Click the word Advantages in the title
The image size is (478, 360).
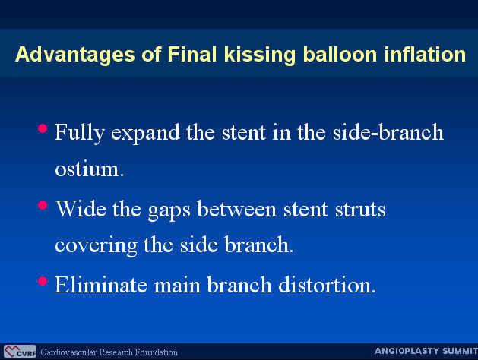click(x=75, y=55)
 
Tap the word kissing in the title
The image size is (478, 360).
click(x=260, y=55)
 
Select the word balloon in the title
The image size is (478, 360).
click(x=340, y=54)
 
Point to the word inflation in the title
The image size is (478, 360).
click(x=425, y=54)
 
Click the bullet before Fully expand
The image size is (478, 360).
click(x=43, y=128)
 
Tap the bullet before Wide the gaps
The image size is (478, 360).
click(x=43, y=205)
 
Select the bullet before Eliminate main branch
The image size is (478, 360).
click(x=43, y=280)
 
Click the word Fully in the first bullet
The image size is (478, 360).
click(x=80, y=133)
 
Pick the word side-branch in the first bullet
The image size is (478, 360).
click(x=388, y=132)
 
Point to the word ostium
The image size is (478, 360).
click(x=90, y=169)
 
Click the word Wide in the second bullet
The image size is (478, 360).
click(x=81, y=209)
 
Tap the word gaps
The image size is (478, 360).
click(x=169, y=210)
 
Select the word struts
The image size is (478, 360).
click(x=360, y=210)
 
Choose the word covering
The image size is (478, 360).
click(x=96, y=246)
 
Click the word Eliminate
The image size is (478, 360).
click(x=100, y=285)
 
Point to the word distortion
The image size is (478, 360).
click(x=327, y=285)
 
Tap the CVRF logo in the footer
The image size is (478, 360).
click(x=20, y=352)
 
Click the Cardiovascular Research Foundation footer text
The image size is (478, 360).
click(x=109, y=352)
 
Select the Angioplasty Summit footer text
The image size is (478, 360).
click(x=426, y=351)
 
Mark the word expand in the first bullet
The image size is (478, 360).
click(x=145, y=133)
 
